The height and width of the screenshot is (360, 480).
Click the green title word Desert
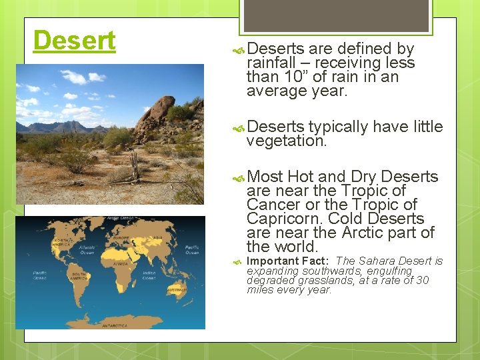pos(74,41)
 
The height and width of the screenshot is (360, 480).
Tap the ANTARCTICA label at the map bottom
pos(113,325)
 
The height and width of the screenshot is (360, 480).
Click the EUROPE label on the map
pos(120,237)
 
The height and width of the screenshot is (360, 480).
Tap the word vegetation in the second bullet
pos(286,141)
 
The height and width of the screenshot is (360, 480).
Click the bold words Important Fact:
pos(288,261)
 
